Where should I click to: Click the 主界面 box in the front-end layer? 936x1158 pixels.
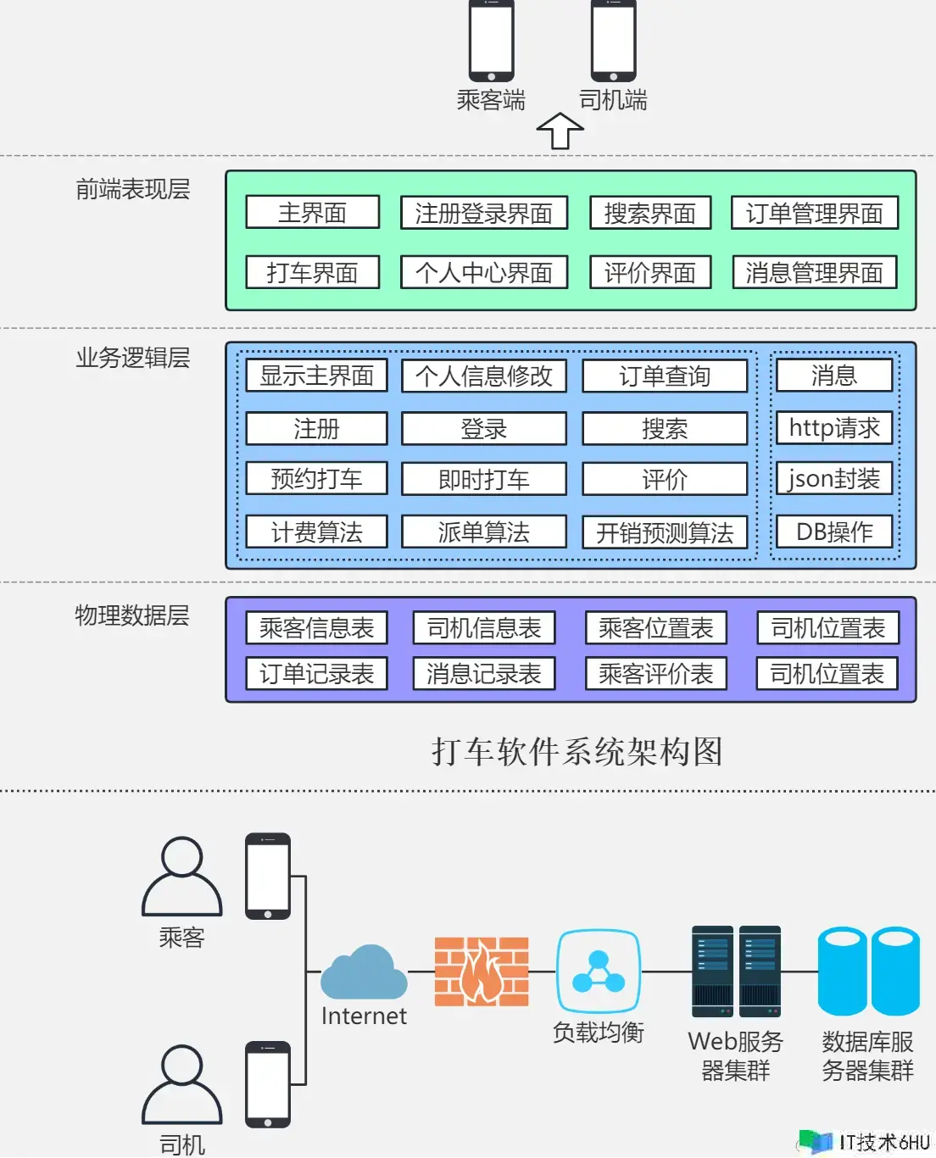coord(313,212)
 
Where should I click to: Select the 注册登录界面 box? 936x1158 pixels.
coord(484,213)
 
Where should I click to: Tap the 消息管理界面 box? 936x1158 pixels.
coord(814,272)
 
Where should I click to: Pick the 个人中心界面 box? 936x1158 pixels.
coord(484,272)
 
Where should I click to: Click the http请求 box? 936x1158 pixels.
coord(834,428)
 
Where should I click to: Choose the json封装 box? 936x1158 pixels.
coord(834,478)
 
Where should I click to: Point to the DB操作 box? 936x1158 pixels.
coord(834,532)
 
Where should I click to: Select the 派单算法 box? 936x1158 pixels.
coord(484,532)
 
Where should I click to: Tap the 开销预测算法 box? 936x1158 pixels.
coord(665,532)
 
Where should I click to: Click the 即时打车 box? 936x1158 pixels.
coord(484,478)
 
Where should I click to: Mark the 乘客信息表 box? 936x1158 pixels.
coord(316,627)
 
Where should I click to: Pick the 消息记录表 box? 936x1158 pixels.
coord(484,673)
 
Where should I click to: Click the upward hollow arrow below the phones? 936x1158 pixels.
coord(560,131)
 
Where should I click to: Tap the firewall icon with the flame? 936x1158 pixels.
coord(482,971)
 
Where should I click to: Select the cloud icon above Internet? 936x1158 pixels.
coord(364,972)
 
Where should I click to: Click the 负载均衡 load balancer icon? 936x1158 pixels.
coord(599,971)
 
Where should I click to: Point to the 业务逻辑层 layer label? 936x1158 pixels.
coord(133,358)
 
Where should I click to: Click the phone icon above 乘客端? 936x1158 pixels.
coord(492,41)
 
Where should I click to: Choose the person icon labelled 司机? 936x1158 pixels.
coord(182,1084)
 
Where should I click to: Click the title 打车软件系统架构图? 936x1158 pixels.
coord(577,752)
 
